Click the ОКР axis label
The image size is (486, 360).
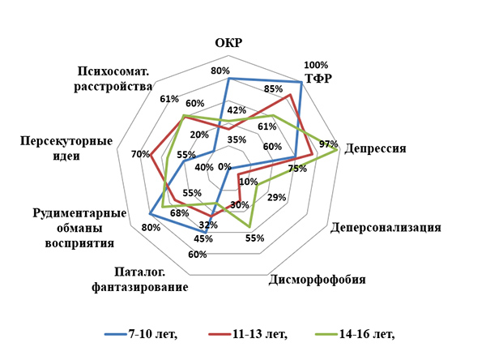pyautogui.click(x=229, y=43)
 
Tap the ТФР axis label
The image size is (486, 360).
pyautogui.click(x=318, y=79)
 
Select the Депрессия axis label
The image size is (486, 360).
pyautogui.click(x=375, y=149)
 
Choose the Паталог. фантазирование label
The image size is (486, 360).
pyautogui.click(x=141, y=279)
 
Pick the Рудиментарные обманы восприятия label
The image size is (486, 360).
pyautogui.click(x=80, y=228)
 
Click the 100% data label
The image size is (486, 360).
pyautogui.click(x=315, y=65)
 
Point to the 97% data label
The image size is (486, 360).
pyautogui.click(x=328, y=144)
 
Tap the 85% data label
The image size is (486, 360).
pyautogui.click(x=273, y=88)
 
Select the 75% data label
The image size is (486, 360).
pyautogui.click(x=297, y=169)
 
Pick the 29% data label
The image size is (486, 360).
pyautogui.click(x=276, y=197)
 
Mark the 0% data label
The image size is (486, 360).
pyautogui.click(x=224, y=166)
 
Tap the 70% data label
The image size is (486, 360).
pyautogui.click(x=139, y=154)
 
